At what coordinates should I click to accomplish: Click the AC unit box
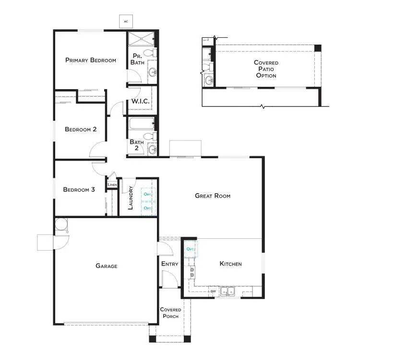(126, 22)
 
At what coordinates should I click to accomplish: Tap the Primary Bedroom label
(91, 60)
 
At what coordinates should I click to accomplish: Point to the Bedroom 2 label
(81, 129)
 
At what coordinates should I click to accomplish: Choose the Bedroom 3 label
(79, 190)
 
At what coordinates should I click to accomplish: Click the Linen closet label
(112, 185)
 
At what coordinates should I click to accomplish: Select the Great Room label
(213, 196)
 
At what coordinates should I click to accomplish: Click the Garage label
(106, 266)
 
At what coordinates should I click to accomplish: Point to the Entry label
(169, 264)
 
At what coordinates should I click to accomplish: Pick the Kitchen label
(230, 264)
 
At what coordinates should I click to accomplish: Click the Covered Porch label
(170, 313)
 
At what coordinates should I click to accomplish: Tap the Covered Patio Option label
(266, 69)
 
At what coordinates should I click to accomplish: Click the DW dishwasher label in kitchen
(213, 291)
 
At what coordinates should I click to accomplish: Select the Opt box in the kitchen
(191, 249)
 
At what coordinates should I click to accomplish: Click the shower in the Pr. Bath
(142, 38)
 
